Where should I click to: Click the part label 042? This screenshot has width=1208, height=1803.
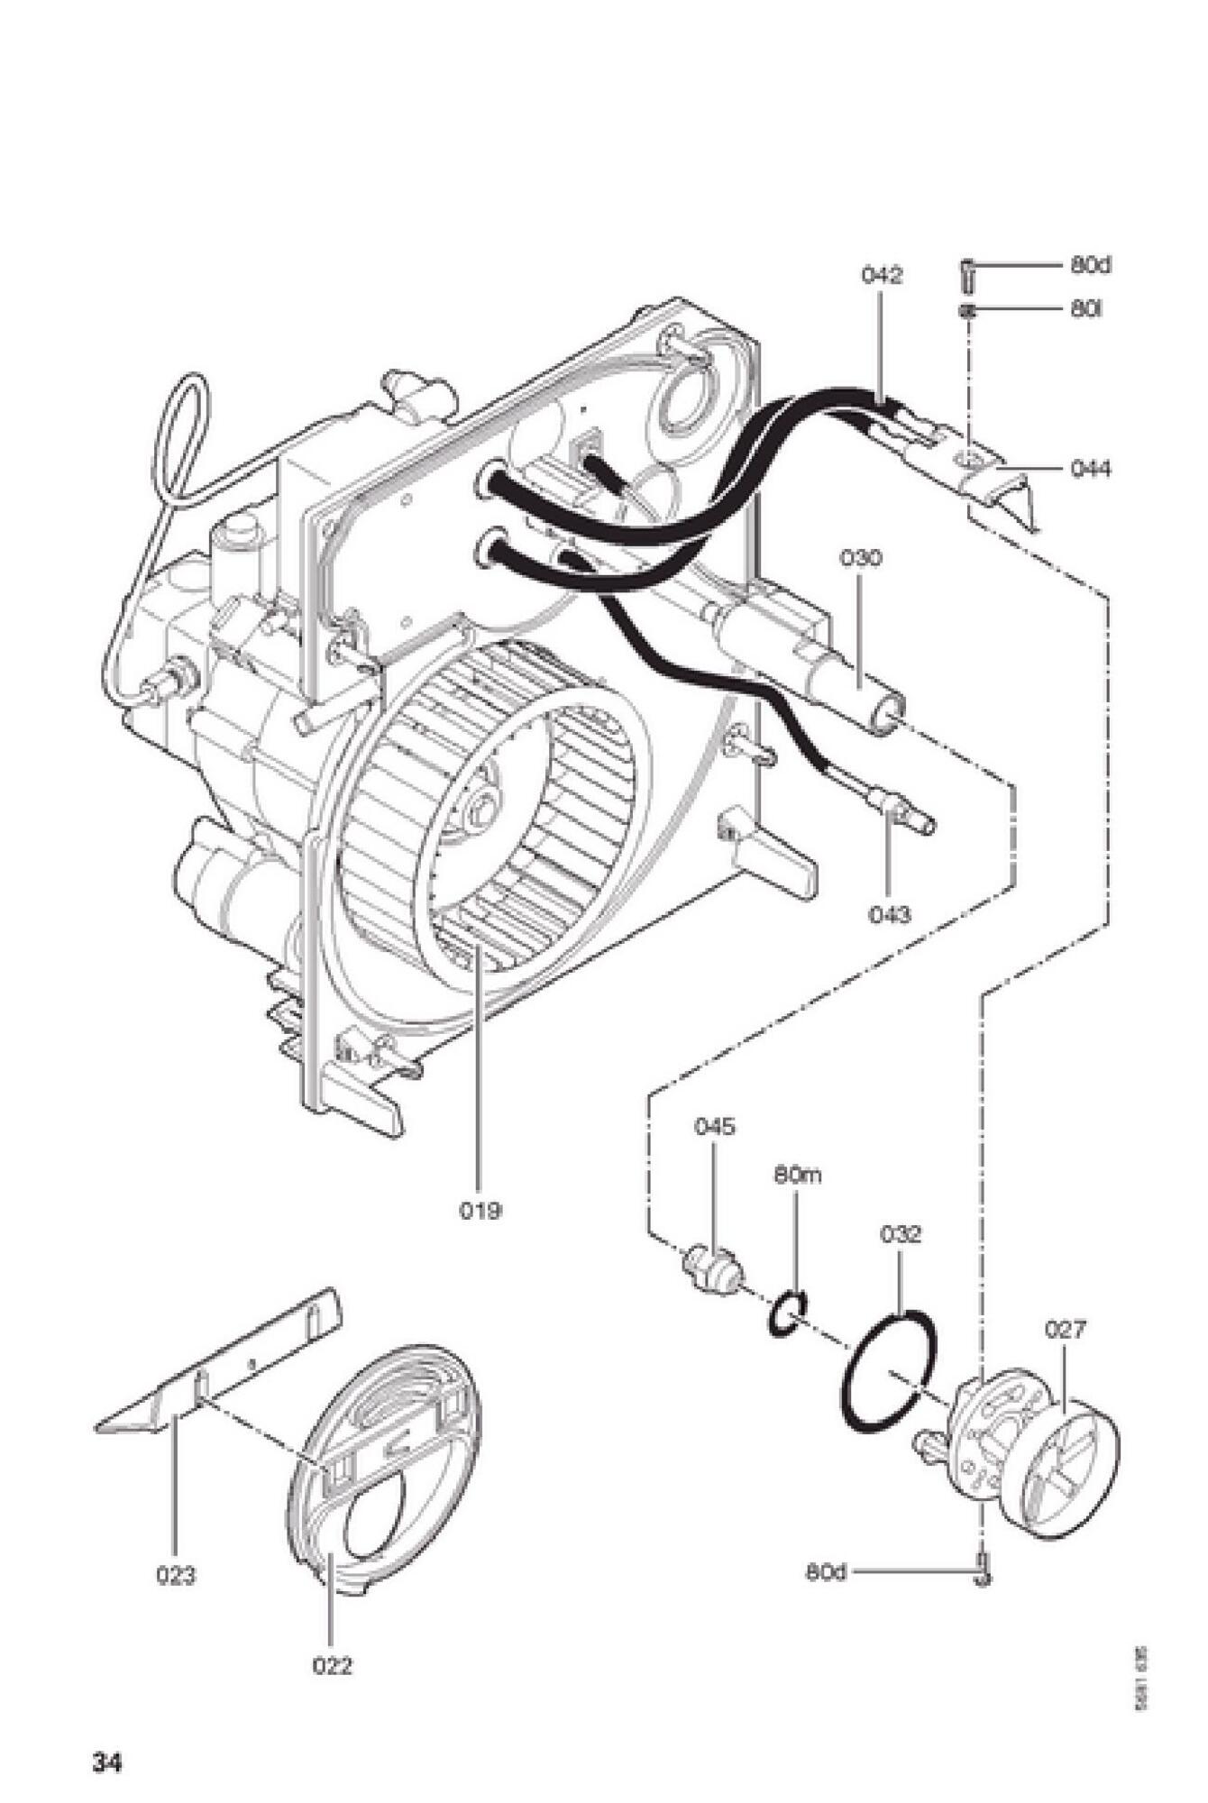point(881,275)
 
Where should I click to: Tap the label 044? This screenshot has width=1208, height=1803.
point(1091,469)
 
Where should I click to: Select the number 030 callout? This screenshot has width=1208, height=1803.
point(861,558)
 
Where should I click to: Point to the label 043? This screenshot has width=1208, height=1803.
point(890,914)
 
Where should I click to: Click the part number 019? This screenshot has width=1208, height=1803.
point(480,1210)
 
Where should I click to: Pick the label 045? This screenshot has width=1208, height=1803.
point(714,1127)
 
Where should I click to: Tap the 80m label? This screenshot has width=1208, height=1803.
point(797,1176)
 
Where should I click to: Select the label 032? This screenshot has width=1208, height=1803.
point(901,1234)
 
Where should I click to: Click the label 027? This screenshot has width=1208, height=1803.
point(1066,1329)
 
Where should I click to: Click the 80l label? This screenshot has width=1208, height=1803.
point(1086,309)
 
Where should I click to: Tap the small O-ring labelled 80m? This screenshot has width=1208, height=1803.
point(787,1316)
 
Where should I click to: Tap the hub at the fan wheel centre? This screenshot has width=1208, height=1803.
point(484,805)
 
